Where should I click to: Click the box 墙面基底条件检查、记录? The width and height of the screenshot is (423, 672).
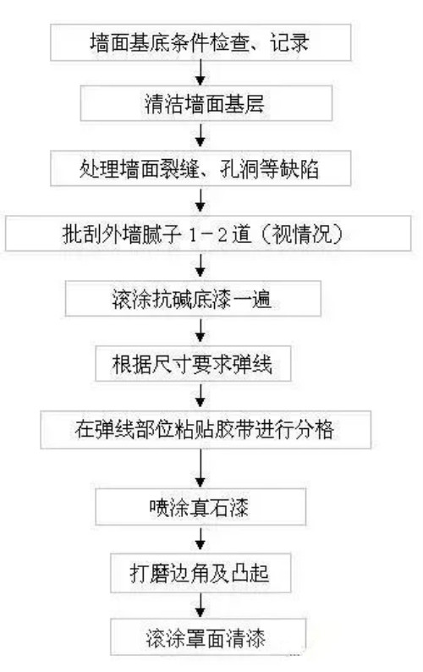(201, 42)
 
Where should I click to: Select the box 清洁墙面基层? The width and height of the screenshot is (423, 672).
(206, 103)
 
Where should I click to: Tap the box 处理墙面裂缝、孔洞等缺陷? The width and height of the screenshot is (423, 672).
(201, 168)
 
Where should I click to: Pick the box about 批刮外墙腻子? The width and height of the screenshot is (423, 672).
(208, 233)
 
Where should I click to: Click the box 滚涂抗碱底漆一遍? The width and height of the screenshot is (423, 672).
(193, 298)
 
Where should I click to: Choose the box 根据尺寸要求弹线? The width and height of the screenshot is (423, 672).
(193, 363)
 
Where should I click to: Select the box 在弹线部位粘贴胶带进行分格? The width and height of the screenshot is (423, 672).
(206, 429)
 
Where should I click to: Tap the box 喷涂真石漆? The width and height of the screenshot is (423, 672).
(201, 507)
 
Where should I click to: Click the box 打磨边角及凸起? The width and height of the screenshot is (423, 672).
(201, 573)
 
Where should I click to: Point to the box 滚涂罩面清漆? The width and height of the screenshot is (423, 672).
(208, 636)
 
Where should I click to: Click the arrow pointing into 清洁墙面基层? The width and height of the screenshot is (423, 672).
(201, 73)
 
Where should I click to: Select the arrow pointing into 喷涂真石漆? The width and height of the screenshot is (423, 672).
(201, 469)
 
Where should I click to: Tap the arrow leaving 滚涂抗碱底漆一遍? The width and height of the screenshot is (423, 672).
(201, 331)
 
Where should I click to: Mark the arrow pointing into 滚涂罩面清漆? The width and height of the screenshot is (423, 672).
(201, 606)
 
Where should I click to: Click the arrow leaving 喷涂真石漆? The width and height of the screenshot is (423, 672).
(201, 539)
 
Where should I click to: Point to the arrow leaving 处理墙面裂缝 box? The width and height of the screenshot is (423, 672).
(201, 201)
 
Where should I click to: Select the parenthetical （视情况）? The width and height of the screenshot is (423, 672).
(301, 234)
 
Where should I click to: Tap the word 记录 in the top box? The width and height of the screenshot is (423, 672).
(289, 43)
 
